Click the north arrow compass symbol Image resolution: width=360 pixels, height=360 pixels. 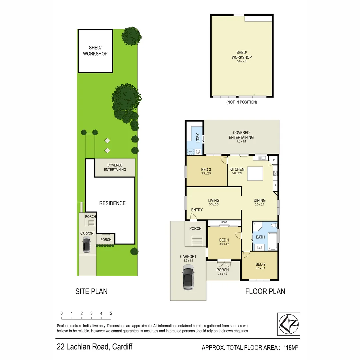[x=288, y=324]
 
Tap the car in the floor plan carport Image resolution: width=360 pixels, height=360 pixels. [x=188, y=279]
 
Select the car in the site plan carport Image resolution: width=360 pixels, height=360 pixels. [x=87, y=245]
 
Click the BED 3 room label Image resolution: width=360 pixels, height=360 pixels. [x=205, y=169]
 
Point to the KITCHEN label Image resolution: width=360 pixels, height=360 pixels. [x=237, y=169]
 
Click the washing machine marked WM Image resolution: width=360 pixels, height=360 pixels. [x=191, y=152]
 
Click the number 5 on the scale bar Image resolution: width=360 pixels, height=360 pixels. [x=111, y=313]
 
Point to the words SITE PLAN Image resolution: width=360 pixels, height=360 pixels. [x=92, y=291]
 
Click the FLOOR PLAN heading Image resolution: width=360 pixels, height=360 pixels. [x=265, y=291]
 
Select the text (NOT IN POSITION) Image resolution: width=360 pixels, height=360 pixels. [x=242, y=102]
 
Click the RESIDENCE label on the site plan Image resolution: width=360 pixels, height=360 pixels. [x=112, y=203]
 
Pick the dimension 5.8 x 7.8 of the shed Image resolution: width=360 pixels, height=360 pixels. [x=242, y=62]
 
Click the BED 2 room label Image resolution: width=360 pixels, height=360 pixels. [x=260, y=264]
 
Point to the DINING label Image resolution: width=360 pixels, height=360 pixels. [x=260, y=200]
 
